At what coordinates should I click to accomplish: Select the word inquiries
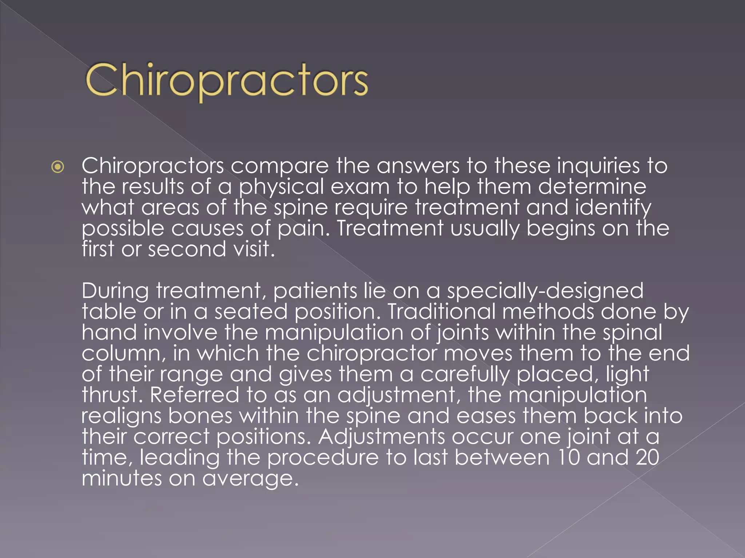tap(598, 166)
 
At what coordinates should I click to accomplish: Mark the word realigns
tap(121, 416)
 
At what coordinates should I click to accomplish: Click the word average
tap(250, 479)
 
